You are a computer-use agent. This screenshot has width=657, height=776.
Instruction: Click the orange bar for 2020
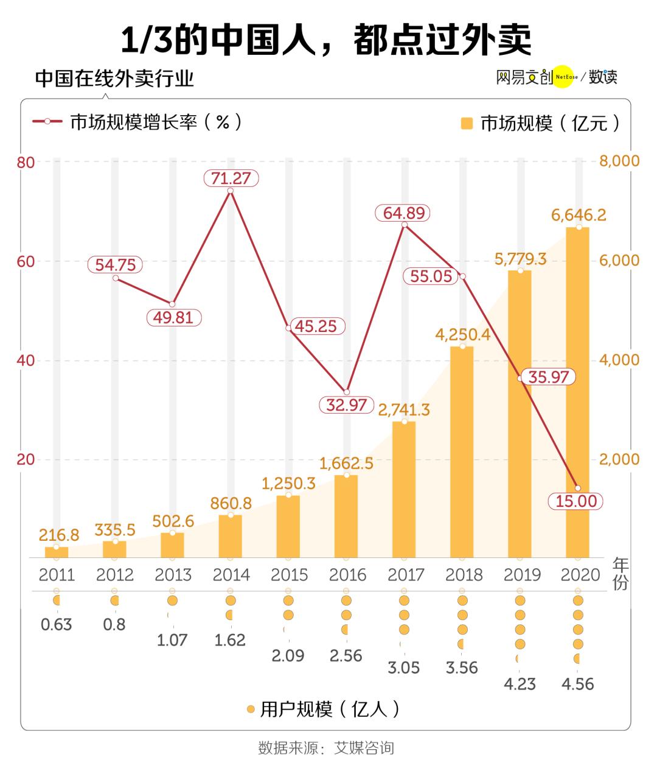pos(577,392)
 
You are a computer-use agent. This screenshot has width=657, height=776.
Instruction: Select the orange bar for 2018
pos(462,452)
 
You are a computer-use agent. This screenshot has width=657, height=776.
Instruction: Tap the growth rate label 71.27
pos(231,178)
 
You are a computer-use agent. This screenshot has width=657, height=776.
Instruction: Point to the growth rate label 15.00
pos(575,501)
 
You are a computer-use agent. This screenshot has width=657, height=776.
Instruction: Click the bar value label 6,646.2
pos(579,215)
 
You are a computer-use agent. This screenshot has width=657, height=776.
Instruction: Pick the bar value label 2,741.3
pos(403,409)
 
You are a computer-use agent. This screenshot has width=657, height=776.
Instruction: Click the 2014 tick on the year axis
pos(231,574)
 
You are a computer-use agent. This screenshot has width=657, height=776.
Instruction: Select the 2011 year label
pos(57,574)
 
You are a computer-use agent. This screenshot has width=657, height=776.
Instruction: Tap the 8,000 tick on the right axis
pos(619,161)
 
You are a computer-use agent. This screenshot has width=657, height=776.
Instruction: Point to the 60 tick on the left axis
pos(26,261)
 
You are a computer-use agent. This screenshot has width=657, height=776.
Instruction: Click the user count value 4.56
pos(578,684)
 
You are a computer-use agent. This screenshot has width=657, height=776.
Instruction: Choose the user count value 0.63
pos(56,624)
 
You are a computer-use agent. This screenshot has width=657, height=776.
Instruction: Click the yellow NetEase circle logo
pos(563,77)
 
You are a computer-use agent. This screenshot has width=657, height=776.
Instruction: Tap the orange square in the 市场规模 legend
pos(467,124)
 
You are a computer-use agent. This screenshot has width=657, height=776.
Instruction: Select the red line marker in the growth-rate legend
pos(47,122)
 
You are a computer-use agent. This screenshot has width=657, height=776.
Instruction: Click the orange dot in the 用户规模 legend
pos(250,709)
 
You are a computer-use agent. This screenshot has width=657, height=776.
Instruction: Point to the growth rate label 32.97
pos(346,404)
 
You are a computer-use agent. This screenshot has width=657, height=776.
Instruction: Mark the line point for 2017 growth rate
pos(404,225)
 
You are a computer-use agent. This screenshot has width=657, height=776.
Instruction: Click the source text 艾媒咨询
pos(364,747)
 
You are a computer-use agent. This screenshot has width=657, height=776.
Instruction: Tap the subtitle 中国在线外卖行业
pos(114,79)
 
